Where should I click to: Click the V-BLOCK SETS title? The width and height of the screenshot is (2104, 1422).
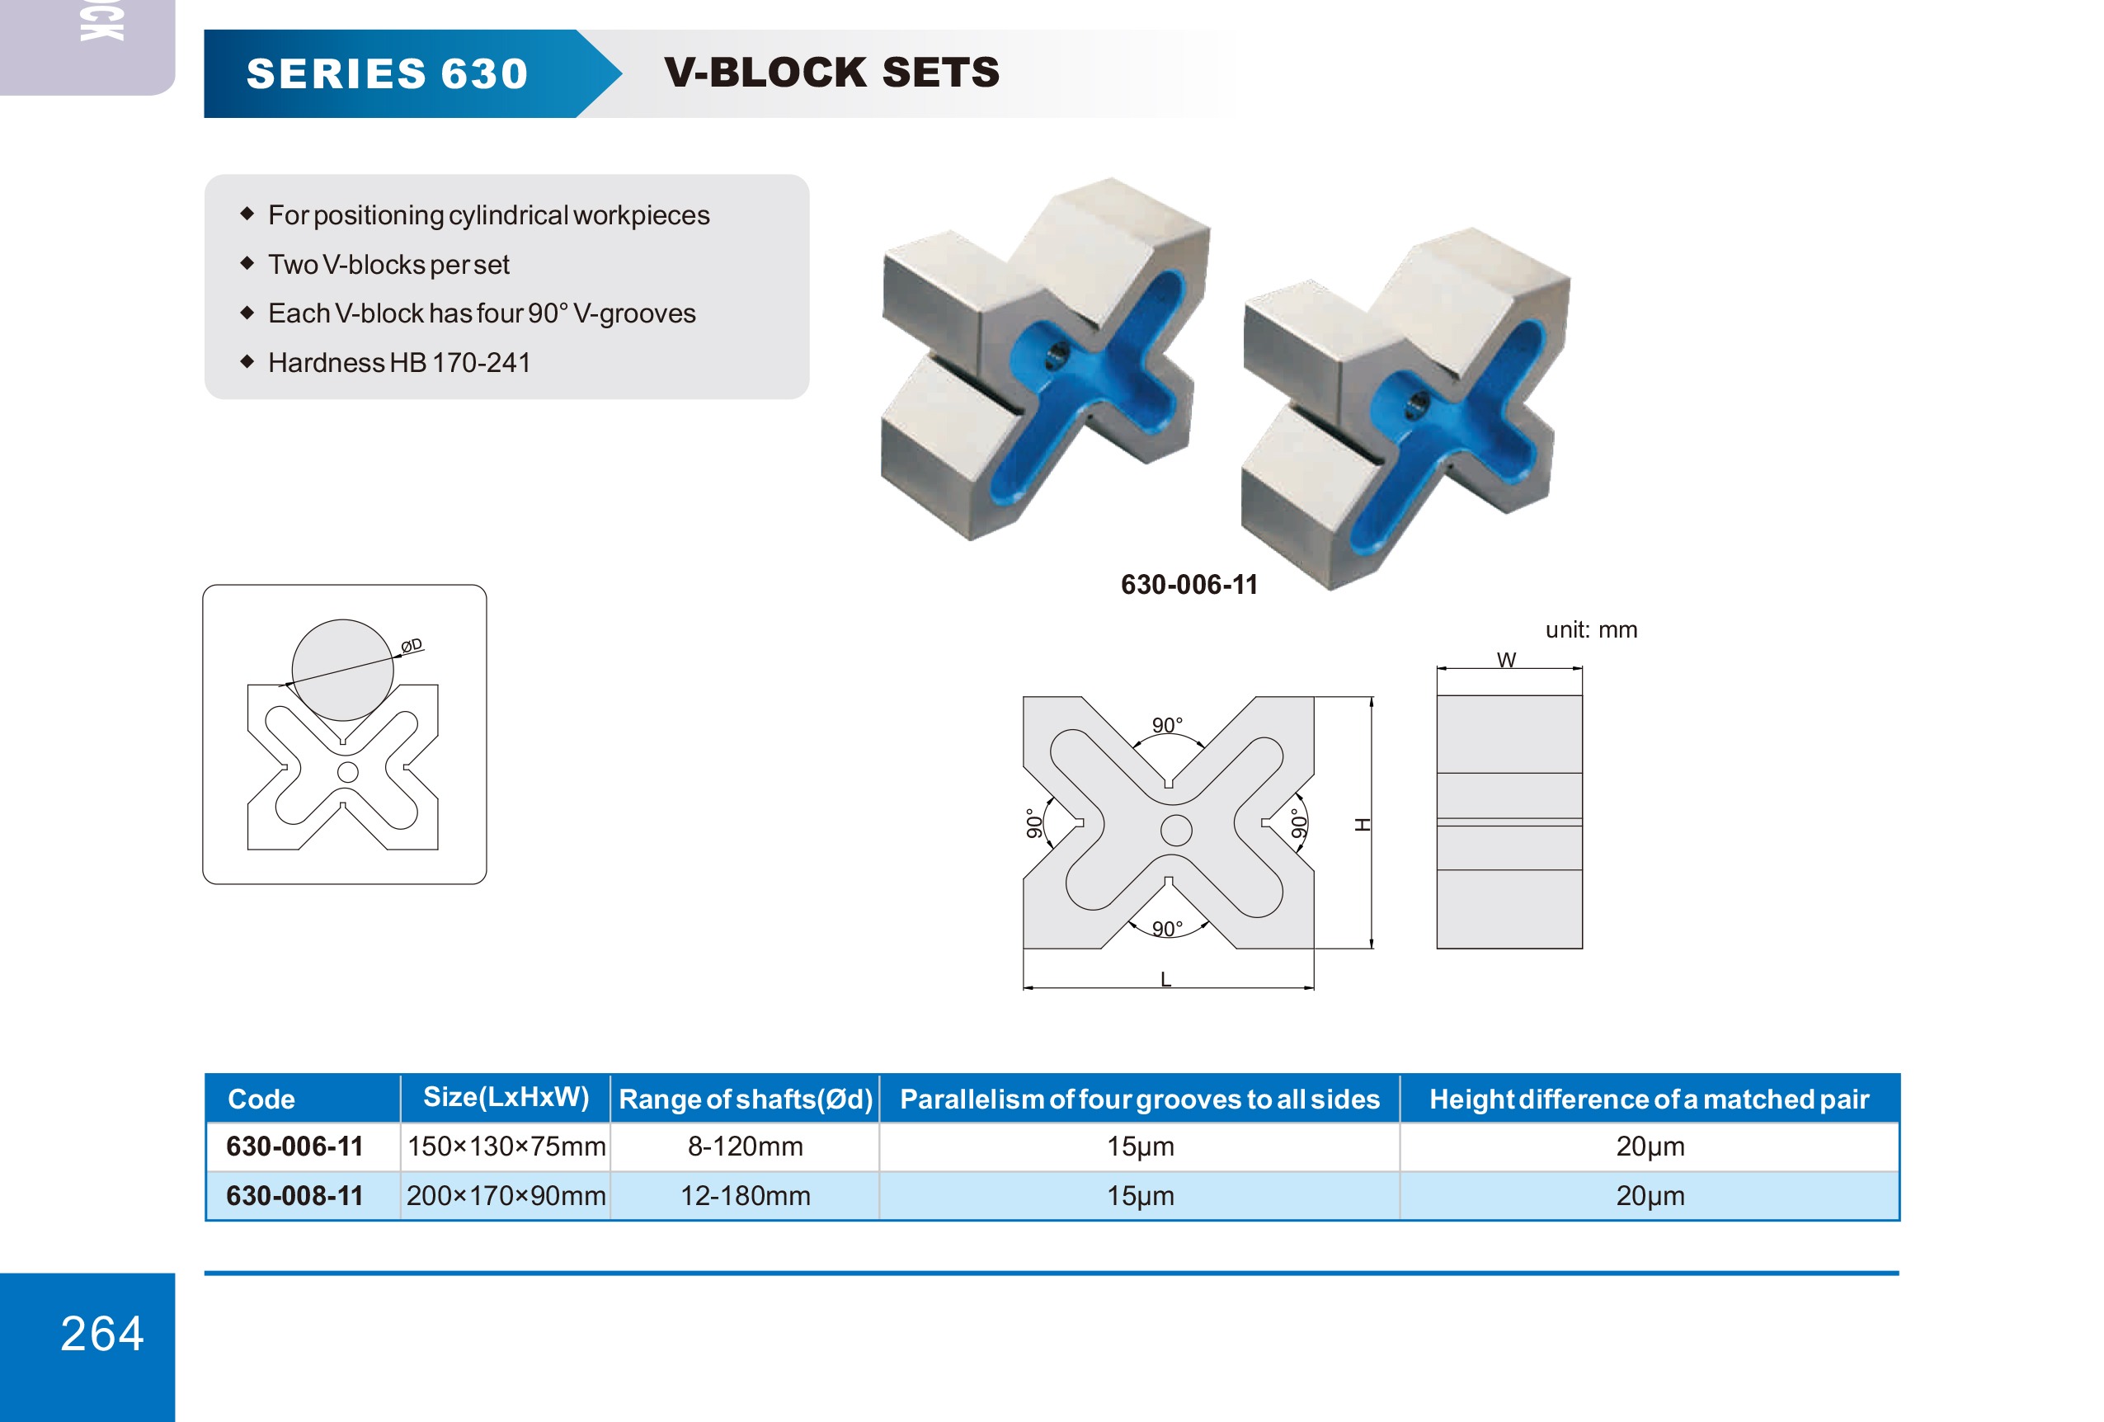[832, 73]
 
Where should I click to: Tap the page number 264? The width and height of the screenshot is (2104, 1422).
[102, 1333]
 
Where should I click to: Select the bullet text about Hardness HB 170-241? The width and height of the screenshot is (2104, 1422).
[399, 363]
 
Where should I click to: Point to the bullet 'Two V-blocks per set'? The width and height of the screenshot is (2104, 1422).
[388, 264]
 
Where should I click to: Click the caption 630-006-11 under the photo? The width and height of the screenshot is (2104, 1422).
[1189, 585]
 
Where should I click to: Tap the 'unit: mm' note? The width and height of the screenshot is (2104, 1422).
[1591, 630]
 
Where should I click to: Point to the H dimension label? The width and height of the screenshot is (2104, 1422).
[1363, 825]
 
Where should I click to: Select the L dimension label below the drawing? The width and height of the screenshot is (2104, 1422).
[1166, 979]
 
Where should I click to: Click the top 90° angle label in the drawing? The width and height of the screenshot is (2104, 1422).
[1168, 725]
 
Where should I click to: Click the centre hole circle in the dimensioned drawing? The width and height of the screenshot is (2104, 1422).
[1176, 830]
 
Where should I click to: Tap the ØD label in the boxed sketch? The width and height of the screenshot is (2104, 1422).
[412, 645]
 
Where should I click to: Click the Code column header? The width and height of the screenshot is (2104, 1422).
[261, 1099]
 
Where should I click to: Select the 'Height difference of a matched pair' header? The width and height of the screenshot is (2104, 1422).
[1649, 1099]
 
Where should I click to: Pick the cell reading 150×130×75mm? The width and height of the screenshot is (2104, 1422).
[506, 1147]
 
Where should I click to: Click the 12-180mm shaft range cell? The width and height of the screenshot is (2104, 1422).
[745, 1196]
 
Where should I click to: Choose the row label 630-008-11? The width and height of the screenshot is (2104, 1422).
[294, 1196]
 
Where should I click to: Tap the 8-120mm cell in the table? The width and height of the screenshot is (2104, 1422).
[745, 1147]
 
